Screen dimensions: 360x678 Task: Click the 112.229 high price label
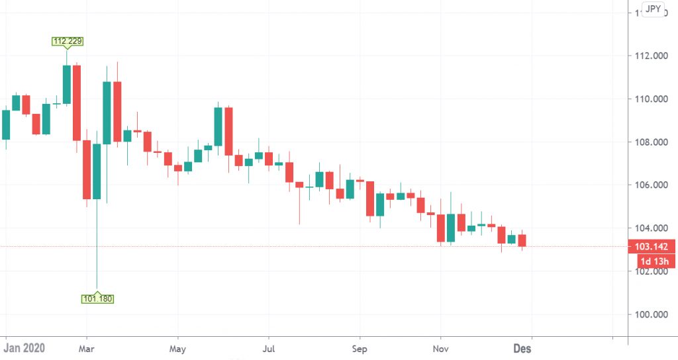(x=67, y=41)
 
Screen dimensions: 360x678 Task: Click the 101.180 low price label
(x=97, y=298)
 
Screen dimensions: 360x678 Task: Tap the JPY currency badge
(x=653, y=10)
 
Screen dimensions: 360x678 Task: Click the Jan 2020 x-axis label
(x=24, y=348)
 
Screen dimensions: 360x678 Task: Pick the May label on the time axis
(x=177, y=348)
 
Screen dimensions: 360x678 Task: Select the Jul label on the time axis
(x=269, y=348)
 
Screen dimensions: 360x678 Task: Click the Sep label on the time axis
(x=360, y=348)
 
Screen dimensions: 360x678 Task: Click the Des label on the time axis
(x=522, y=348)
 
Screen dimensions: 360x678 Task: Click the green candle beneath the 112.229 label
(x=67, y=85)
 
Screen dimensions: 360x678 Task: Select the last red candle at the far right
(x=522, y=240)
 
